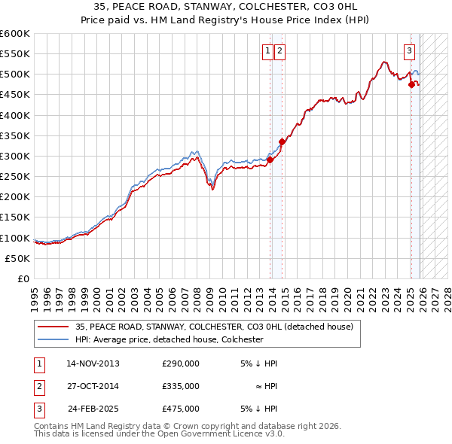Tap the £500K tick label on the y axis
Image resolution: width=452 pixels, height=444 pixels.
click(x=15, y=75)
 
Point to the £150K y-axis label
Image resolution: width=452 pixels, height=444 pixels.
click(x=15, y=217)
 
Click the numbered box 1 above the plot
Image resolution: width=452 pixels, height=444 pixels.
click(x=268, y=51)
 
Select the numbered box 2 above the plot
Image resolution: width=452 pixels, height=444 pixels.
click(x=279, y=51)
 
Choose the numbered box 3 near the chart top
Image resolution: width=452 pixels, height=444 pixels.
click(x=409, y=51)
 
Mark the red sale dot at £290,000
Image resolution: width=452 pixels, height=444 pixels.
click(x=270, y=160)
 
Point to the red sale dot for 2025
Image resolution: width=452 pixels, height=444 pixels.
click(x=411, y=84)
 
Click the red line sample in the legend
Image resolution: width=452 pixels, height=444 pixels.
click(x=53, y=327)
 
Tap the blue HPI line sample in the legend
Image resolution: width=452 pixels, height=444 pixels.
click(x=53, y=339)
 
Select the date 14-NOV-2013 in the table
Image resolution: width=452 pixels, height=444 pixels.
click(x=93, y=363)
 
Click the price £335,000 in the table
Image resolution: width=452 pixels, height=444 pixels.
click(x=181, y=386)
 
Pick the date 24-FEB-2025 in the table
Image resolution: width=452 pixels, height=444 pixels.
click(x=93, y=409)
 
